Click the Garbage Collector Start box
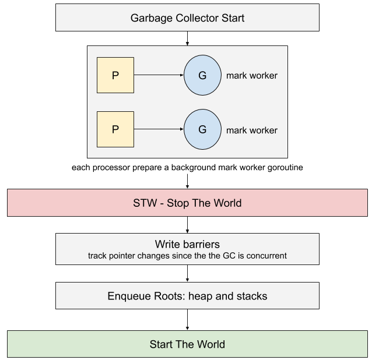tap(187, 17)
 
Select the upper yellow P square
tap(115, 75)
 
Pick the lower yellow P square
tap(115, 129)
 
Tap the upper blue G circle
tap(202, 75)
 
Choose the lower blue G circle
tap(202, 129)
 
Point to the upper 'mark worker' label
tap(251, 76)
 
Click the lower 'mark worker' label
tap(251, 130)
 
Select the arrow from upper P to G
tap(159, 75)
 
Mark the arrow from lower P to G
tap(159, 129)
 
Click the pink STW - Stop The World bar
tap(187, 203)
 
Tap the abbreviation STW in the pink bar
tap(145, 203)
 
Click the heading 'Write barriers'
tap(187, 243)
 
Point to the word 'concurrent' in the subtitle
tap(266, 255)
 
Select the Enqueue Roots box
tap(187, 296)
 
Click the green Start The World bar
tap(187, 344)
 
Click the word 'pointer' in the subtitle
tap(123, 255)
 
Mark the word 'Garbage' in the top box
tap(150, 18)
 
